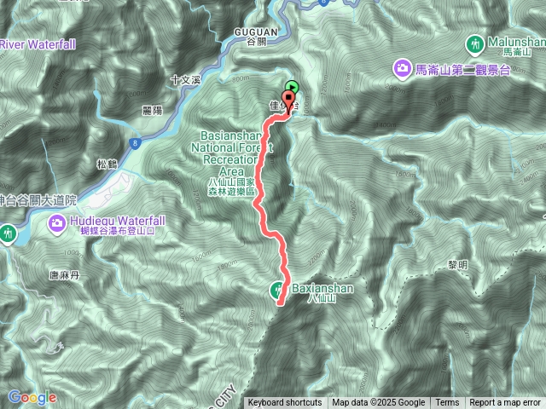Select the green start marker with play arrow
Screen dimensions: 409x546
click(x=293, y=86)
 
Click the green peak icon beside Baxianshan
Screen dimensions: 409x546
click(x=279, y=290)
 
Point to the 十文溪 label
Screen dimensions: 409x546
click(x=183, y=80)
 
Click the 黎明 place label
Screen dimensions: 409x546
click(x=458, y=265)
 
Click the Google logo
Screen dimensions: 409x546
click(x=32, y=397)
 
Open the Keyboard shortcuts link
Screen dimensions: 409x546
click(x=285, y=403)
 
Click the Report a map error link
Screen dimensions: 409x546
click(x=504, y=403)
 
